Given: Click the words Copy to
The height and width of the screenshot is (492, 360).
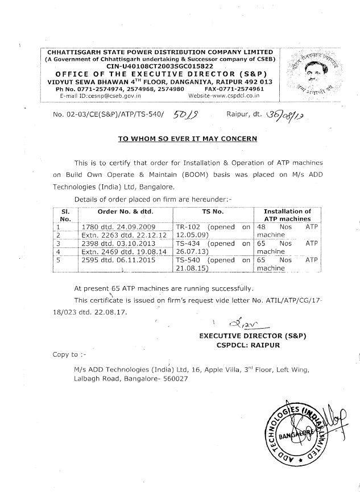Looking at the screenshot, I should [x=60, y=354].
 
